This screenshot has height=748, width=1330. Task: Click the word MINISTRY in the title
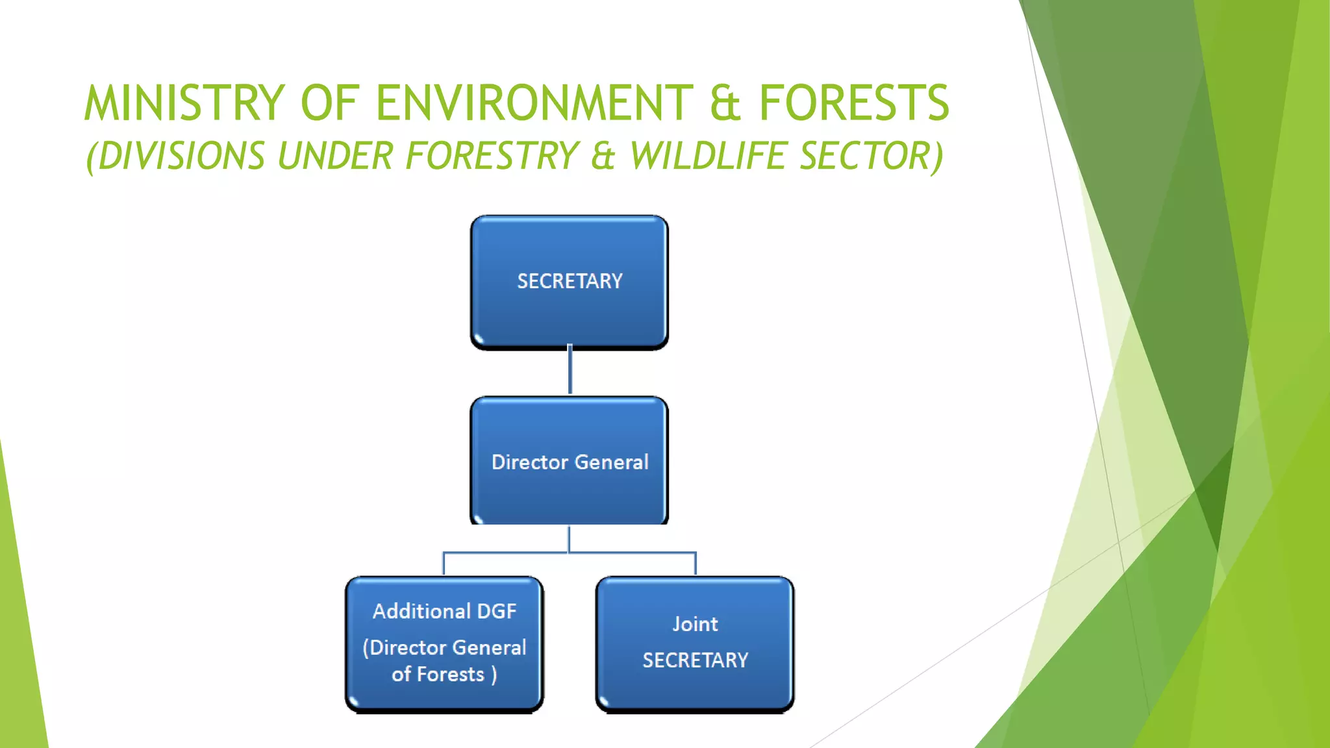184,103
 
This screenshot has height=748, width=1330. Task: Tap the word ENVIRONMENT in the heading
534,103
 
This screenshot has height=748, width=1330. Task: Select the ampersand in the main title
725,105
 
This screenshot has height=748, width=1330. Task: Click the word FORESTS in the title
854,103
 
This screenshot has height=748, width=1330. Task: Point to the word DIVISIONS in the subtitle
175,156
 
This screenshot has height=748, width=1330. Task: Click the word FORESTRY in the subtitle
492,156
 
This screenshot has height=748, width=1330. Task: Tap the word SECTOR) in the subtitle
871,156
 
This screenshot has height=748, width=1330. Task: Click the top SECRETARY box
570,282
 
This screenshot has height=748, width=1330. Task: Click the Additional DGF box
444,643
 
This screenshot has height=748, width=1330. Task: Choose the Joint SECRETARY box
695,643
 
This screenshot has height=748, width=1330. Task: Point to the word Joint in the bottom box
695,624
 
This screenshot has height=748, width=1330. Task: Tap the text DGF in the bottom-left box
497,611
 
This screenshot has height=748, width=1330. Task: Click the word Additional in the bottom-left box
421,611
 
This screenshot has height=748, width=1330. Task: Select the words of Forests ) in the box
444,674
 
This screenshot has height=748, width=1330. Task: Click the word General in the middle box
611,462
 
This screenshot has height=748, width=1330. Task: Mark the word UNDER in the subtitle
335,156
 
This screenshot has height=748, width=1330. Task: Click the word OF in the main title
330,103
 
